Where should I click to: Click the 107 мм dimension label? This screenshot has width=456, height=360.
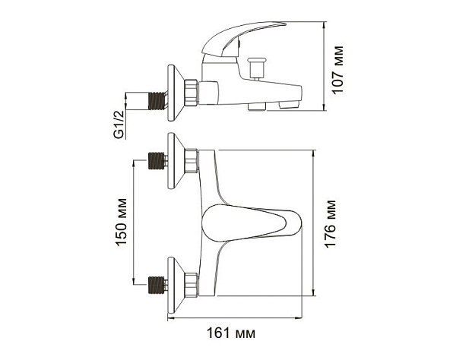click(x=337, y=70)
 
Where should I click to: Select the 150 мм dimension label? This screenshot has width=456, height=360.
click(x=121, y=223)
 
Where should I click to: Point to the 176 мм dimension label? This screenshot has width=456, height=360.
click(x=330, y=224)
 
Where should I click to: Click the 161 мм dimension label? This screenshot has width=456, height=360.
click(x=231, y=333)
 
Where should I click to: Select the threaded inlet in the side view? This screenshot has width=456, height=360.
click(x=157, y=101)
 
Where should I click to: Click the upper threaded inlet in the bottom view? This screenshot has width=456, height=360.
click(x=157, y=161)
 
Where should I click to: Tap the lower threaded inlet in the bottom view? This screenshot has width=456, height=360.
click(x=157, y=285)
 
